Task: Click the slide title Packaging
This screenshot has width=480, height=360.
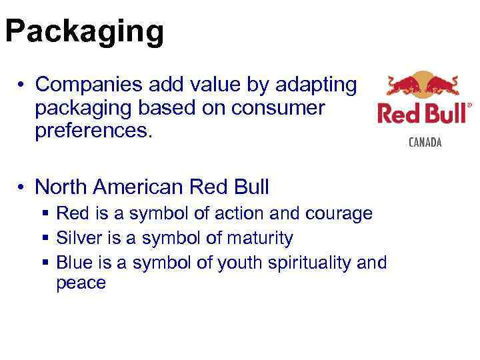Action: tap(84, 31)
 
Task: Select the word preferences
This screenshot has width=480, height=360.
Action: tap(94, 131)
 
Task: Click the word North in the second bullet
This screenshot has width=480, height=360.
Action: tap(59, 187)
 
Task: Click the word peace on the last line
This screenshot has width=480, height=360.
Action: tap(81, 283)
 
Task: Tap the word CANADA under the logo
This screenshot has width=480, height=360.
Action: tap(425, 143)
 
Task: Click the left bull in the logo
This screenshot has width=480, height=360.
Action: tap(403, 86)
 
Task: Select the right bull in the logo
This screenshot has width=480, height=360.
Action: tap(443, 86)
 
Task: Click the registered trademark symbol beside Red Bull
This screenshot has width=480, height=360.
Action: tap(469, 105)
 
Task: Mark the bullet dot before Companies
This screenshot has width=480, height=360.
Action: tap(22, 85)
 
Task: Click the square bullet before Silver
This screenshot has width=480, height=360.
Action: tap(45, 238)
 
